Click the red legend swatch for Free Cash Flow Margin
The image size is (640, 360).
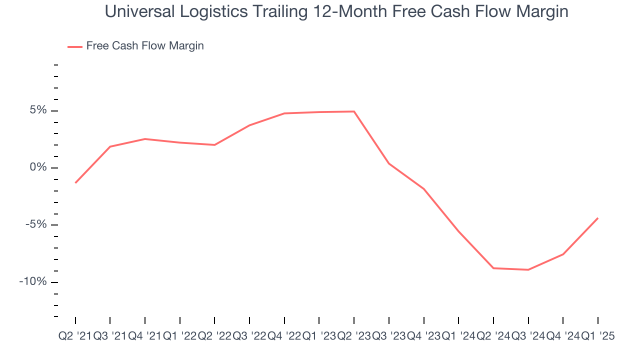tap(74, 46)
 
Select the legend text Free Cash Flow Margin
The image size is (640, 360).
tap(145, 46)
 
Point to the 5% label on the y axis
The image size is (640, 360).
tap(38, 110)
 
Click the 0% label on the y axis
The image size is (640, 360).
tap(38, 167)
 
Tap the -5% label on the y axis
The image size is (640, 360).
tap(36, 224)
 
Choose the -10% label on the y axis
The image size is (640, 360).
tap(33, 281)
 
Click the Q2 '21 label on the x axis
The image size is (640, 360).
tap(75, 336)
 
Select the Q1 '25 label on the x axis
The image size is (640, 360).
tap(597, 336)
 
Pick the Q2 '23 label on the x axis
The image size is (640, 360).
tap(354, 336)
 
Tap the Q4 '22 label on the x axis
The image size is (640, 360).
tap(284, 336)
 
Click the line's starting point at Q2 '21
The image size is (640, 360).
tap(75, 182)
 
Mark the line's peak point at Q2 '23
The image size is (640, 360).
tap(354, 111)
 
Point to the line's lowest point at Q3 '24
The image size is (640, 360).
tap(528, 270)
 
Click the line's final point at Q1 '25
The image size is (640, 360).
tap(597, 218)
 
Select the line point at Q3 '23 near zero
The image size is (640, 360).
tap(388, 163)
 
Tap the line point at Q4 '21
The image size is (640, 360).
tap(145, 139)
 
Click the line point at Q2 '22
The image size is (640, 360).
tap(214, 145)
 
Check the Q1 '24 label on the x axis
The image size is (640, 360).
tap(458, 336)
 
